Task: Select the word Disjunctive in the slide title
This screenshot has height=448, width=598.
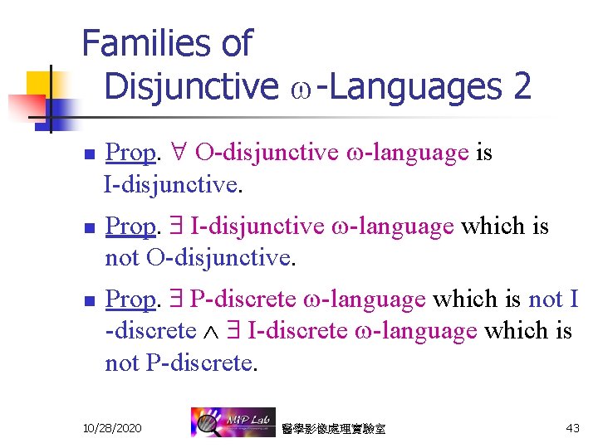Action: click(x=192, y=85)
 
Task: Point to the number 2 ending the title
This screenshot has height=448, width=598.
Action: click(x=522, y=85)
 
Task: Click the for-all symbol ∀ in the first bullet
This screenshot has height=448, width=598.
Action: click(x=176, y=153)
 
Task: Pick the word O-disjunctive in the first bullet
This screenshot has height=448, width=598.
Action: click(x=267, y=153)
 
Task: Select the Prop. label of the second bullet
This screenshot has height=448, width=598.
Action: click(x=131, y=226)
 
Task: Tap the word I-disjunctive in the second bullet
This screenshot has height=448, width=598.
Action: click(x=257, y=226)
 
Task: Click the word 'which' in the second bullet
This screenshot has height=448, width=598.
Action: click(x=489, y=226)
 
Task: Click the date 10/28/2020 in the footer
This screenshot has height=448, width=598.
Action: click(x=112, y=428)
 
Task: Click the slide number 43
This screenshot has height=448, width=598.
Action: click(x=572, y=428)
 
